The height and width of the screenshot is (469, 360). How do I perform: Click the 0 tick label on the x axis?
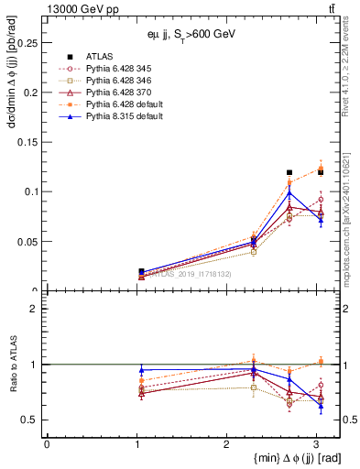click(47, 444)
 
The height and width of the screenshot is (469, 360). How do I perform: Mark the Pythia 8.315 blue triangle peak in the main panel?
click(289, 193)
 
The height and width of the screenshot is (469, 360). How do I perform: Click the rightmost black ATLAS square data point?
click(320, 171)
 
